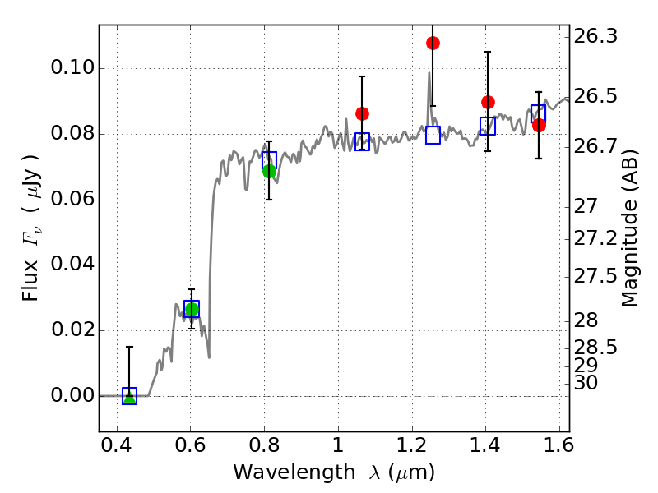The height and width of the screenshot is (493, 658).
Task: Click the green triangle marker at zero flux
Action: coord(130,397)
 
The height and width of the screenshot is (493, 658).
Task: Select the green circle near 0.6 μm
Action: coord(192,310)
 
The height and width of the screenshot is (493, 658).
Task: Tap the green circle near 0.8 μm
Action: coord(270,171)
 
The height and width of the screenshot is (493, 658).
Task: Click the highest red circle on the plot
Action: coord(433,44)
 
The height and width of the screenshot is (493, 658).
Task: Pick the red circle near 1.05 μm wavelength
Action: coord(362,113)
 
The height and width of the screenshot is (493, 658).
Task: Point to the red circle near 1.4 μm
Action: coord(488,102)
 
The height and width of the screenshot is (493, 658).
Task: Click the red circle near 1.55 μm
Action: coord(540,126)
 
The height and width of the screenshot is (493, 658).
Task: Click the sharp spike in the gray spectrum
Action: coord(429,73)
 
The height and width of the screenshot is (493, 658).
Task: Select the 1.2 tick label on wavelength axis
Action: coord(412,445)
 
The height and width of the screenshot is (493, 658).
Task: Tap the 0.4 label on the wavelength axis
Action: coord(117,445)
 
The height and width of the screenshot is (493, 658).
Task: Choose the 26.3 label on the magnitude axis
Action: coord(595,36)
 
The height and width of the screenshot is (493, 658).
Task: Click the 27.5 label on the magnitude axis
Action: coord(595,276)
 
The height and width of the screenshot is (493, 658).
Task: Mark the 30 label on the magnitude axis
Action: coord(586,383)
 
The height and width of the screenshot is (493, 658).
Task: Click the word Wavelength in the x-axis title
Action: coord(294,472)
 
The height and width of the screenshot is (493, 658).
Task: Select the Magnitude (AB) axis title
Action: coord(628,228)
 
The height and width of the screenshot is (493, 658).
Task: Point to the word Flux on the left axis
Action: coord(30,280)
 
